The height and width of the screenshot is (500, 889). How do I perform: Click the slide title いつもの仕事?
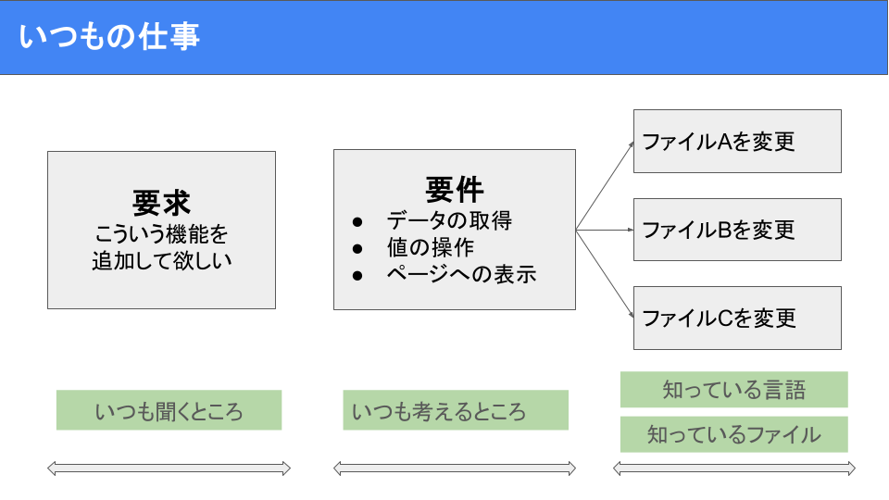109,36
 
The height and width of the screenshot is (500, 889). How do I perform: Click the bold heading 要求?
161,203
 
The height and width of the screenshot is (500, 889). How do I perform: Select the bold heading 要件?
455,189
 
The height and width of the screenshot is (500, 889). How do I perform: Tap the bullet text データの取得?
449,220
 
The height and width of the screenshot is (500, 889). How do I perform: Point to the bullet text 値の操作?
431,248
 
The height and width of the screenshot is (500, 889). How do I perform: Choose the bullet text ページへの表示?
461,274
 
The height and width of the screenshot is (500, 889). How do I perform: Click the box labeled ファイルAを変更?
737,141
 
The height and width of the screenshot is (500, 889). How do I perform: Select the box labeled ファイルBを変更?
737,230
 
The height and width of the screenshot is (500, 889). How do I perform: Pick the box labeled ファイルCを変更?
737,318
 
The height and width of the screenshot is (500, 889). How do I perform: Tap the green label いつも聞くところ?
169,410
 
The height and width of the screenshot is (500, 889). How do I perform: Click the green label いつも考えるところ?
456,410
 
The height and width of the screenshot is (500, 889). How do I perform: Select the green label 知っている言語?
733,390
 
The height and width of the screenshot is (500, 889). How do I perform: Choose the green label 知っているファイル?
733,434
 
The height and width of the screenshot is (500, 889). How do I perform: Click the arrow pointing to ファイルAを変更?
605,185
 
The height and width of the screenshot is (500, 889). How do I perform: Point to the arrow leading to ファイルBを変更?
605,230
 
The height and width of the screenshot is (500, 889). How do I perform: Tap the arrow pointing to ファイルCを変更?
605,274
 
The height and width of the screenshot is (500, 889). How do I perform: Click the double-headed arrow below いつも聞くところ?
169,469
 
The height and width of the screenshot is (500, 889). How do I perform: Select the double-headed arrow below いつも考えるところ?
455,469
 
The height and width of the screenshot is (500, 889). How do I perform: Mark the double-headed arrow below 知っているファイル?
734,469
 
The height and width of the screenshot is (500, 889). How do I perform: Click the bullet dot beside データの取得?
357,221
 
